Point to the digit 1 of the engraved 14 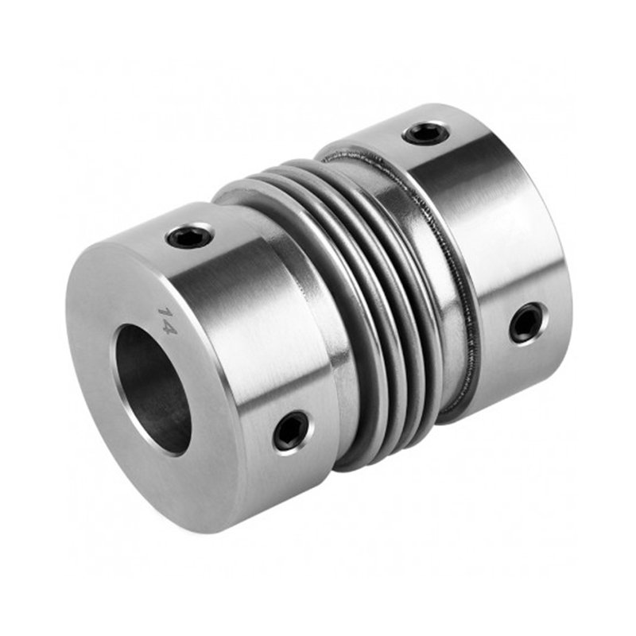tap(165, 313)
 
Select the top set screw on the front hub tap(190, 235)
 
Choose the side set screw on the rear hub tap(528, 324)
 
